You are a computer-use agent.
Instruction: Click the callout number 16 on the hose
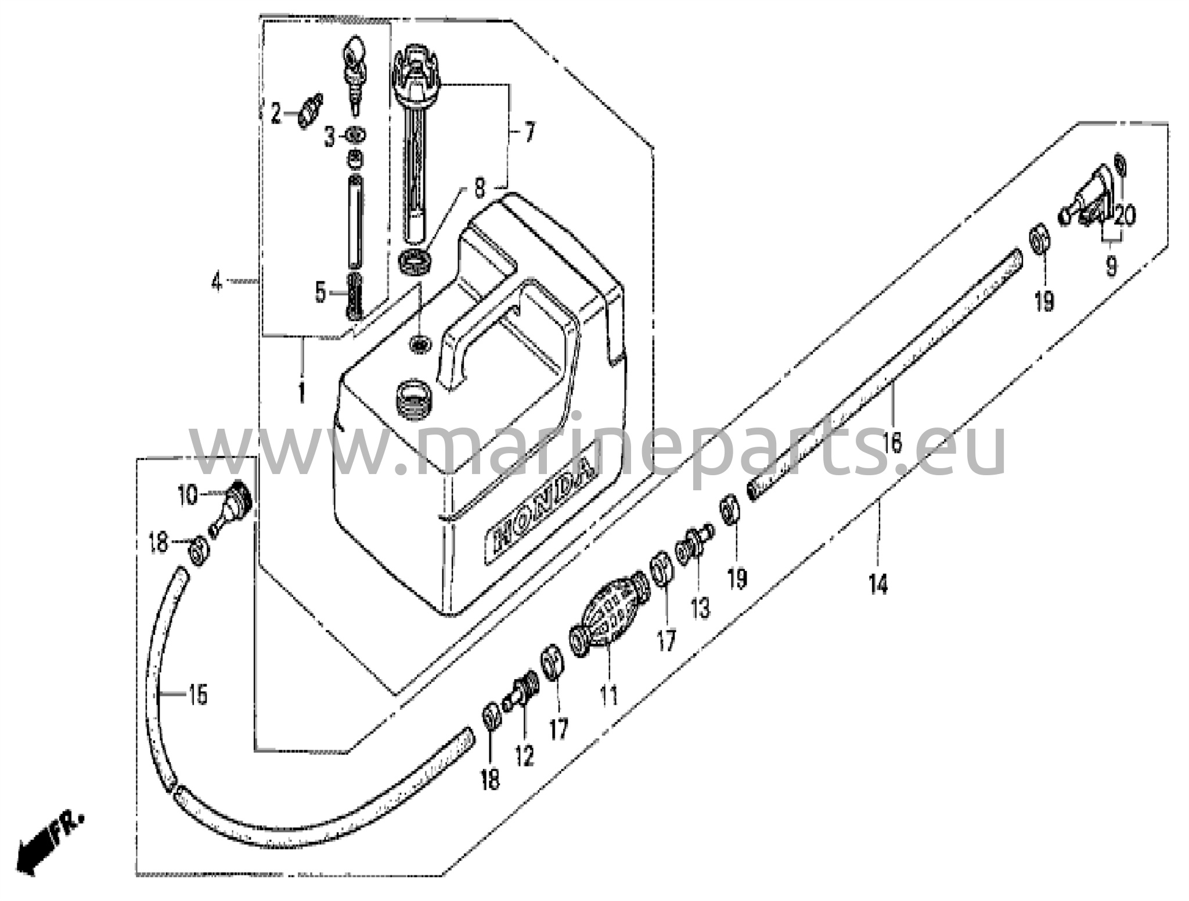(x=892, y=443)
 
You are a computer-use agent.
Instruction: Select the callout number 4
(x=217, y=282)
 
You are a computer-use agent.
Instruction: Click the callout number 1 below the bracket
(x=301, y=392)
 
